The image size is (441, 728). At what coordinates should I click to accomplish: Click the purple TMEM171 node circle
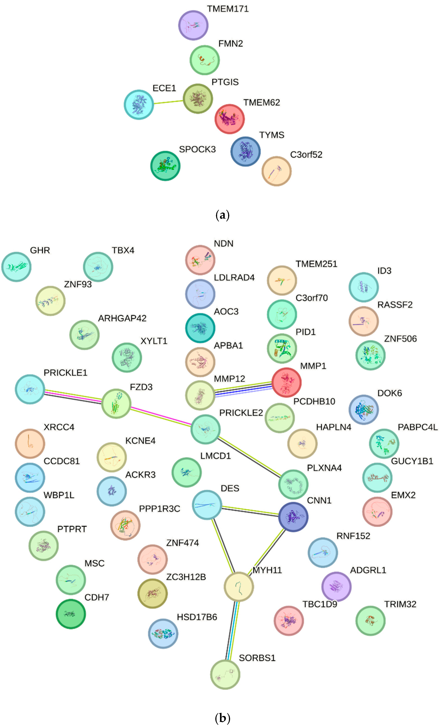coord(193,25)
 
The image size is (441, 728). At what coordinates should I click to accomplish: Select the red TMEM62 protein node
coord(229,119)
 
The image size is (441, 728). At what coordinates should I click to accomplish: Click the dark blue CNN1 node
coord(293,517)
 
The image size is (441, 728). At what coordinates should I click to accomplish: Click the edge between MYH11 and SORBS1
coord(232,631)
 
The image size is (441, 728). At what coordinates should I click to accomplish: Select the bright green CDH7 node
coord(71,614)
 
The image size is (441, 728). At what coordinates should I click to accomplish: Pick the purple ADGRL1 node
coord(336,586)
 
